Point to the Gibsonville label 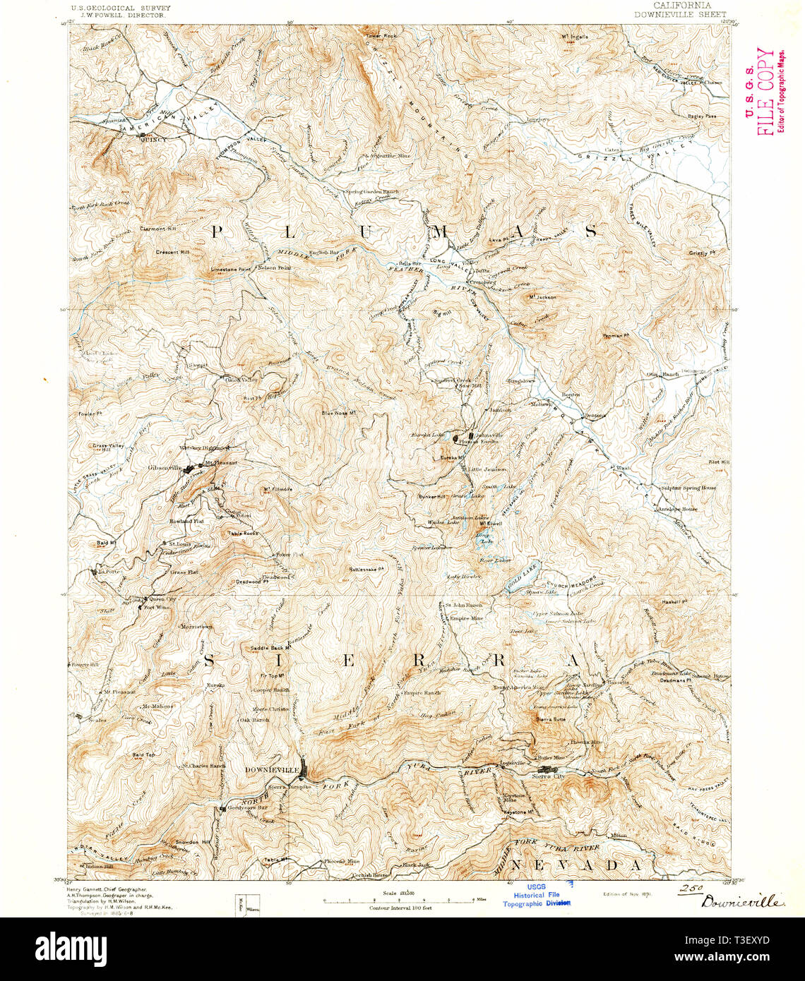pyautogui.click(x=165, y=467)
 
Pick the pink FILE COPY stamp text pyautogui.click(x=765, y=91)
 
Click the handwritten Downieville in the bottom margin pyautogui.click(x=741, y=901)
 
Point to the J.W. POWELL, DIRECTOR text pyautogui.click(x=120, y=15)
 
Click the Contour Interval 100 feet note pyautogui.click(x=400, y=908)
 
